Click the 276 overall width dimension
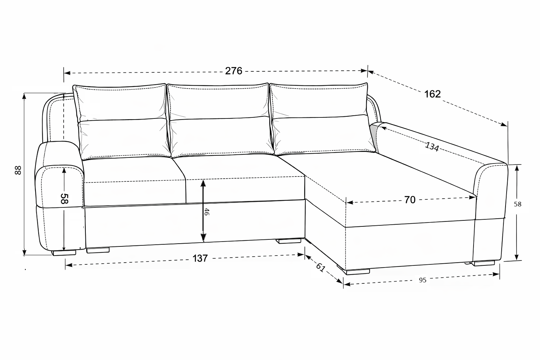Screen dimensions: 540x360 233,71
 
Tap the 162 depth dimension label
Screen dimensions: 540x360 432,94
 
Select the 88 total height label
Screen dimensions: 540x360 18,170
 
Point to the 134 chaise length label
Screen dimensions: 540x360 432,147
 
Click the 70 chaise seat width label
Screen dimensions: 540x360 410,200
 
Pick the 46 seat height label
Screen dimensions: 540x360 207,212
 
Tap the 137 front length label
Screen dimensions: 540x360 200,258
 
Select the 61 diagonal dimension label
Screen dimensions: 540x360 320,268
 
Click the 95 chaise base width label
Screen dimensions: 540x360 423,280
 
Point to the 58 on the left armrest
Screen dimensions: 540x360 64,199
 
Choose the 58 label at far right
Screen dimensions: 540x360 517,204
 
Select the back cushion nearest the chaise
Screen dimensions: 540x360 322,118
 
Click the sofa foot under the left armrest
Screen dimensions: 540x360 64,253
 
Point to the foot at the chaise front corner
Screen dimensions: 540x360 358,272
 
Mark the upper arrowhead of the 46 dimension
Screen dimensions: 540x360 203,184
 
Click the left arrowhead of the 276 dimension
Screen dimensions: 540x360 67,73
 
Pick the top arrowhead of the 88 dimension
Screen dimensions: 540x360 24,96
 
